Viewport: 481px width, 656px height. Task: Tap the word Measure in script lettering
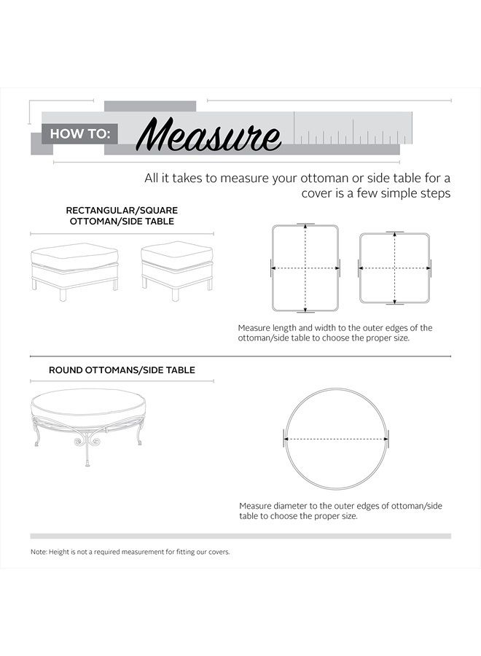[x=208, y=135]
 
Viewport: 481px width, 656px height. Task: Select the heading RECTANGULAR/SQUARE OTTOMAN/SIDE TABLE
[x=122, y=216]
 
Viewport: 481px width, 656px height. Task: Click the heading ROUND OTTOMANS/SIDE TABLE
[x=122, y=370]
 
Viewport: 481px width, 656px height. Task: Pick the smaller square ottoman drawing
[x=176, y=268]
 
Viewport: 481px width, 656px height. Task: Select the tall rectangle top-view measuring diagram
[x=305, y=268]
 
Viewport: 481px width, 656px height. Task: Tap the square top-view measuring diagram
[x=395, y=268]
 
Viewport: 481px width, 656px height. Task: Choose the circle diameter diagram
[x=336, y=439]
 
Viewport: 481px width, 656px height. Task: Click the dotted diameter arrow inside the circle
[x=336, y=440]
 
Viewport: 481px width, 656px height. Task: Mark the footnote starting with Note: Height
[x=130, y=552]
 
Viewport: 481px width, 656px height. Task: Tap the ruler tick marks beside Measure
[x=350, y=136]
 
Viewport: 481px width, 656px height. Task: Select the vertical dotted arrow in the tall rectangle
[x=305, y=248]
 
